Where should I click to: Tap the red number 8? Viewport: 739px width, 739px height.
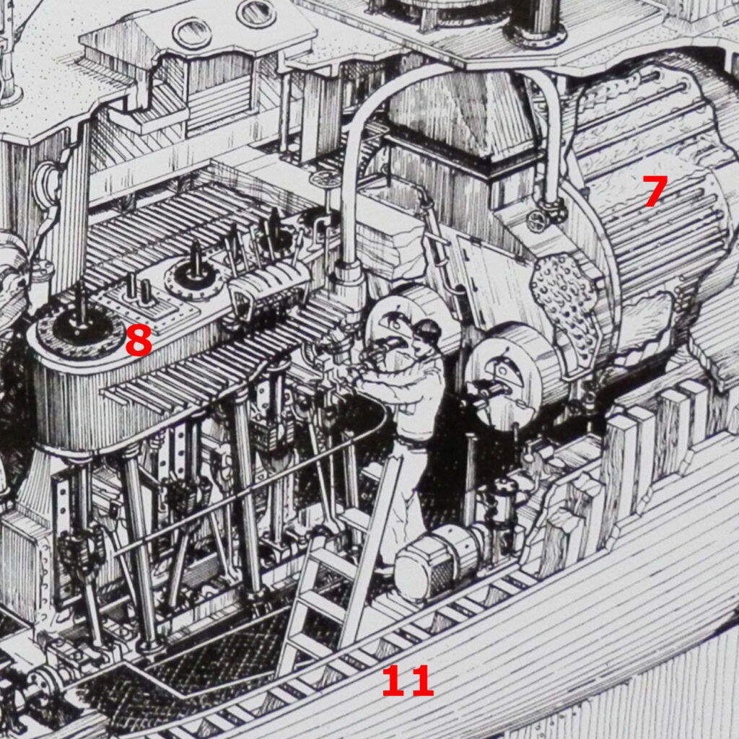click(x=139, y=340)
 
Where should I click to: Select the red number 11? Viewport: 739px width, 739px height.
click(x=407, y=681)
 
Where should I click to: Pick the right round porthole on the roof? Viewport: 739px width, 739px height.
click(x=256, y=13)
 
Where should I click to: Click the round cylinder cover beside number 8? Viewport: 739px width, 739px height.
click(x=81, y=327)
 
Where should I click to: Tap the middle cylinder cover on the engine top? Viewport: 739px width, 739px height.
click(x=193, y=277)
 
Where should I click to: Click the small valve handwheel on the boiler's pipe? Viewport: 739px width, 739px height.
click(x=538, y=219)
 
